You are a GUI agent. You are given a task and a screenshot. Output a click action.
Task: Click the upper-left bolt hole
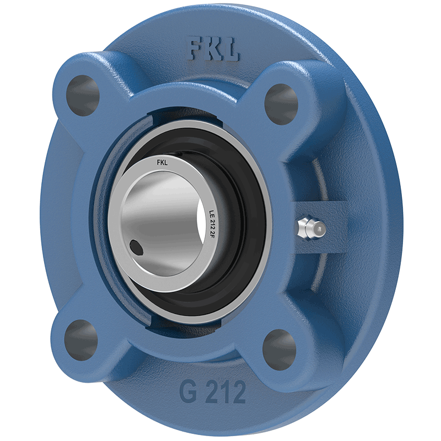tap(83, 95)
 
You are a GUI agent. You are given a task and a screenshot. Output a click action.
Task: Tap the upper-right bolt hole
tap(281, 104)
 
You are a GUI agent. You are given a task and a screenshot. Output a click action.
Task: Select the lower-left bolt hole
tap(81, 340)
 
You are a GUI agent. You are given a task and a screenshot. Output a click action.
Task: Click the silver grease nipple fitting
tap(311, 228)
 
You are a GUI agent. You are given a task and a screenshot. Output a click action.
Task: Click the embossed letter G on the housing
tap(188, 391)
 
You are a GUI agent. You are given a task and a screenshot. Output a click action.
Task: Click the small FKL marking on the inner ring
tap(162, 163)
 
